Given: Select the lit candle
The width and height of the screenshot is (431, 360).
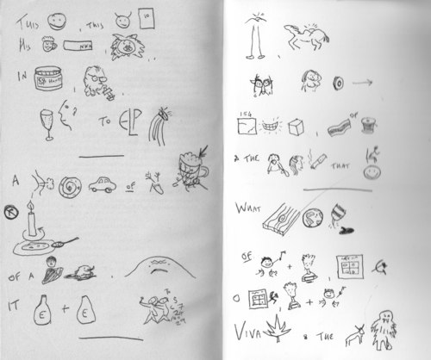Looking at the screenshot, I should (x=32, y=220).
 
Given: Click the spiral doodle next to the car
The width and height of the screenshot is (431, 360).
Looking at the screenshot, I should (x=72, y=184).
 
